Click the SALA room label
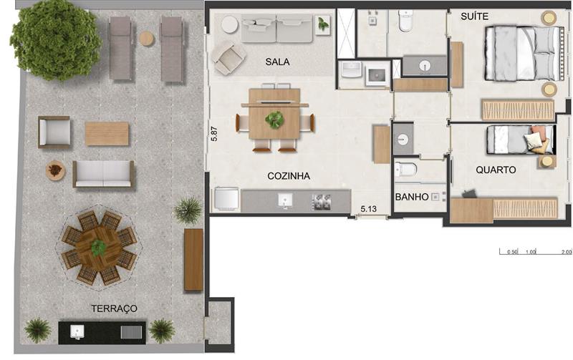point(277,62)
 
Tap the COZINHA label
point(289,176)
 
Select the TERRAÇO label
point(115,308)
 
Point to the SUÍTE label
point(474,16)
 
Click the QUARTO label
point(496,170)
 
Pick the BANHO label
point(412,197)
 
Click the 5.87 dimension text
point(214,134)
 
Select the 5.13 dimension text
point(368,209)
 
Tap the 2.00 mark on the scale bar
point(567,252)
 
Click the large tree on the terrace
point(56,40)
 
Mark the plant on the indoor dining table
point(274,120)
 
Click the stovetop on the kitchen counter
point(321,203)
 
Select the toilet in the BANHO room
point(405,170)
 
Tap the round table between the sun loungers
point(147,39)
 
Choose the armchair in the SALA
point(228,58)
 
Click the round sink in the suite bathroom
point(424,66)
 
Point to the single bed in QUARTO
point(521,140)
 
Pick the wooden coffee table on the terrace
point(107,134)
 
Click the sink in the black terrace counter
point(77,332)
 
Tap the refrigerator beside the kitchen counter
point(226,200)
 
